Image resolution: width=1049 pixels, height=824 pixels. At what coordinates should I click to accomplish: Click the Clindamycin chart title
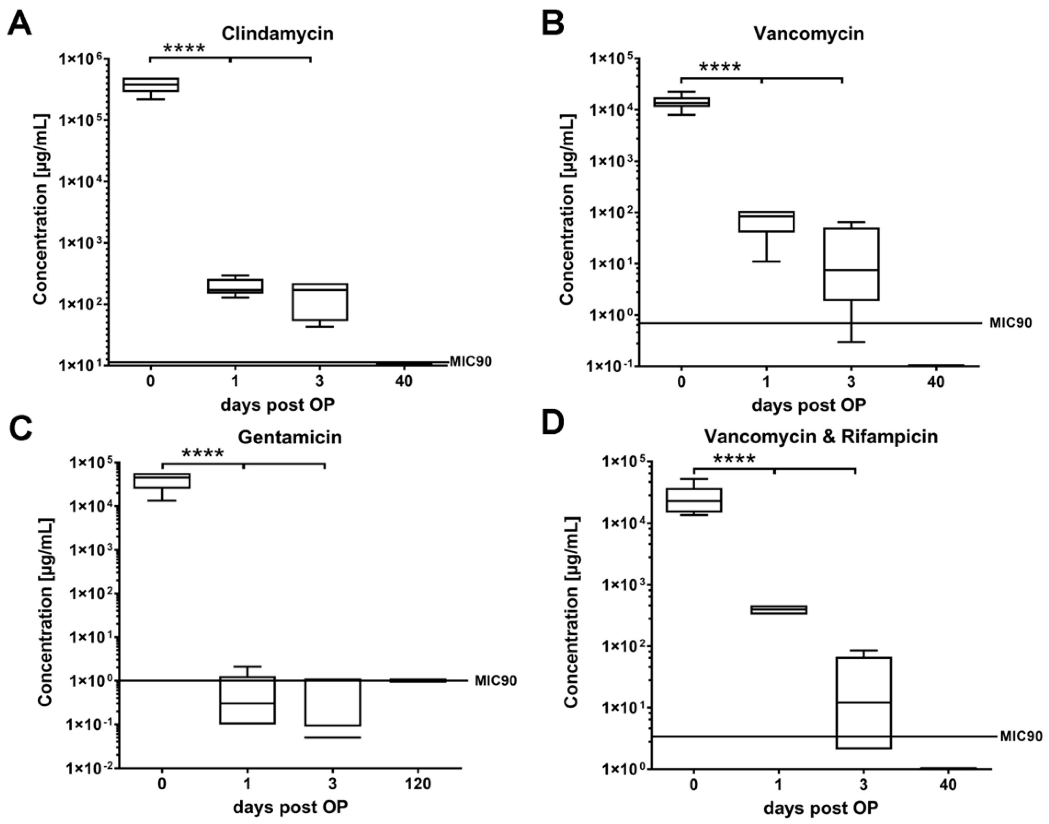(x=277, y=34)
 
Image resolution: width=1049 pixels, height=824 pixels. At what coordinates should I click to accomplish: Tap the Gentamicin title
(x=289, y=437)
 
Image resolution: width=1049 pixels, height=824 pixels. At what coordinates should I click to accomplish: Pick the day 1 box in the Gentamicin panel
(x=247, y=700)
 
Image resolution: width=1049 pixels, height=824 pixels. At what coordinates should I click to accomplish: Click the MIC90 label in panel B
(x=1010, y=323)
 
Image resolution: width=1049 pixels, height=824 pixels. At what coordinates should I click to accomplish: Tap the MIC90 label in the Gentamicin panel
(x=495, y=681)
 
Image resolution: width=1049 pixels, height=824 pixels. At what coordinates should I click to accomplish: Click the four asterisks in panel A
(x=184, y=48)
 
